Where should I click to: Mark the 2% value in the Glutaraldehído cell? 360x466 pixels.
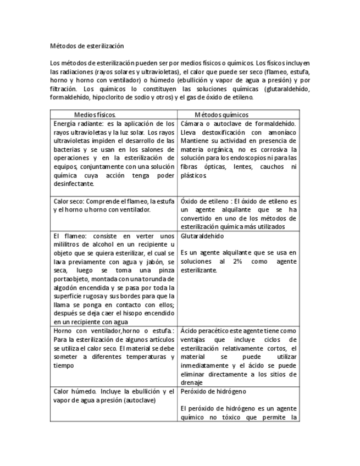[237, 261]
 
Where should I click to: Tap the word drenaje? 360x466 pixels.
[192, 382]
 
